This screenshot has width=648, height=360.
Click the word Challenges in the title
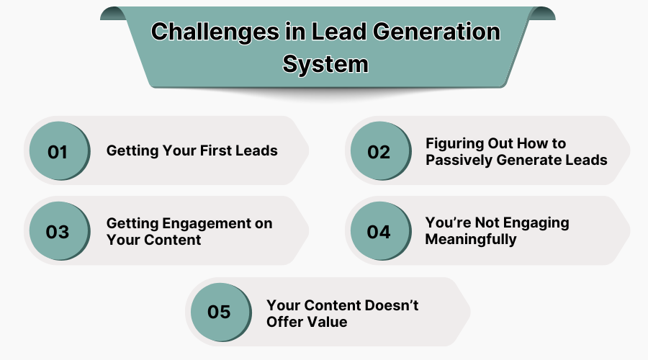(215, 32)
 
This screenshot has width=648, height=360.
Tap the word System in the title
(325, 65)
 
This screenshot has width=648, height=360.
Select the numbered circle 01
(60, 151)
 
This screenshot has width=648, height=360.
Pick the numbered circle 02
(381, 151)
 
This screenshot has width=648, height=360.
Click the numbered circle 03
(60, 231)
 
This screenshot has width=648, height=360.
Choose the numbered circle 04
(381, 231)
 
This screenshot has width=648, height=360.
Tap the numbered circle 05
(221, 312)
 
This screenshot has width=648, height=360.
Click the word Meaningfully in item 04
(471, 240)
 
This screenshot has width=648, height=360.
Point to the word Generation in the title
(436, 32)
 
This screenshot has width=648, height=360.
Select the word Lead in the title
(338, 32)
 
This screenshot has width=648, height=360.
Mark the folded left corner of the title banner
(113, 13)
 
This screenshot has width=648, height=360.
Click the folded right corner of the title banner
(542, 13)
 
